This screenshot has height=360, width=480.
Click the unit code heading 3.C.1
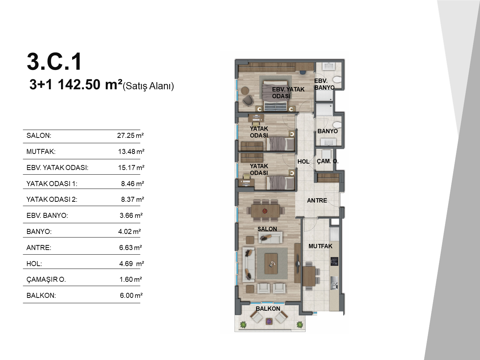coord(54,61)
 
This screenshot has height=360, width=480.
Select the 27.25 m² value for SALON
coord(130,135)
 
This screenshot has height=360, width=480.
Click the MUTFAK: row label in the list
coord(41,151)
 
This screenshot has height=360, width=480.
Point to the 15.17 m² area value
coord(131,167)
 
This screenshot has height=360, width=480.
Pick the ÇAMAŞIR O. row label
coord(46,279)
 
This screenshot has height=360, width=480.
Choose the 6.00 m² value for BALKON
coord(131,295)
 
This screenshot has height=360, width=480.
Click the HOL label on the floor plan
coord(303,161)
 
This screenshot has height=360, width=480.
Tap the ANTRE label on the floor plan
coord(317,200)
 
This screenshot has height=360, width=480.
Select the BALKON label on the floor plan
coord(268,309)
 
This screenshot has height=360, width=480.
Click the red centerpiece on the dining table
coord(265,211)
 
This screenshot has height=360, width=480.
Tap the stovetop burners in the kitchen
coord(334,261)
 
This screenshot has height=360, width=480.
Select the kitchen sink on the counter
coord(334,283)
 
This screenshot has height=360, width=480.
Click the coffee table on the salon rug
coord(271,263)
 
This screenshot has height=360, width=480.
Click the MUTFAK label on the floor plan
coord(320,246)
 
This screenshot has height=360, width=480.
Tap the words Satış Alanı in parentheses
coord(149,86)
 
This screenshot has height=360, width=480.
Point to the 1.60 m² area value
coord(131,279)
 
